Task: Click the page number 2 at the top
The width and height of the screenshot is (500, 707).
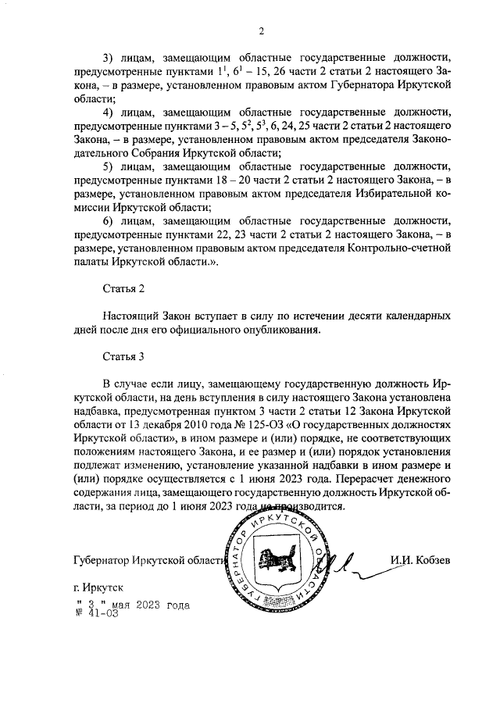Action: coord(262,30)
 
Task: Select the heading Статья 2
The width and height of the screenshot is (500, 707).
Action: coord(124,288)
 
